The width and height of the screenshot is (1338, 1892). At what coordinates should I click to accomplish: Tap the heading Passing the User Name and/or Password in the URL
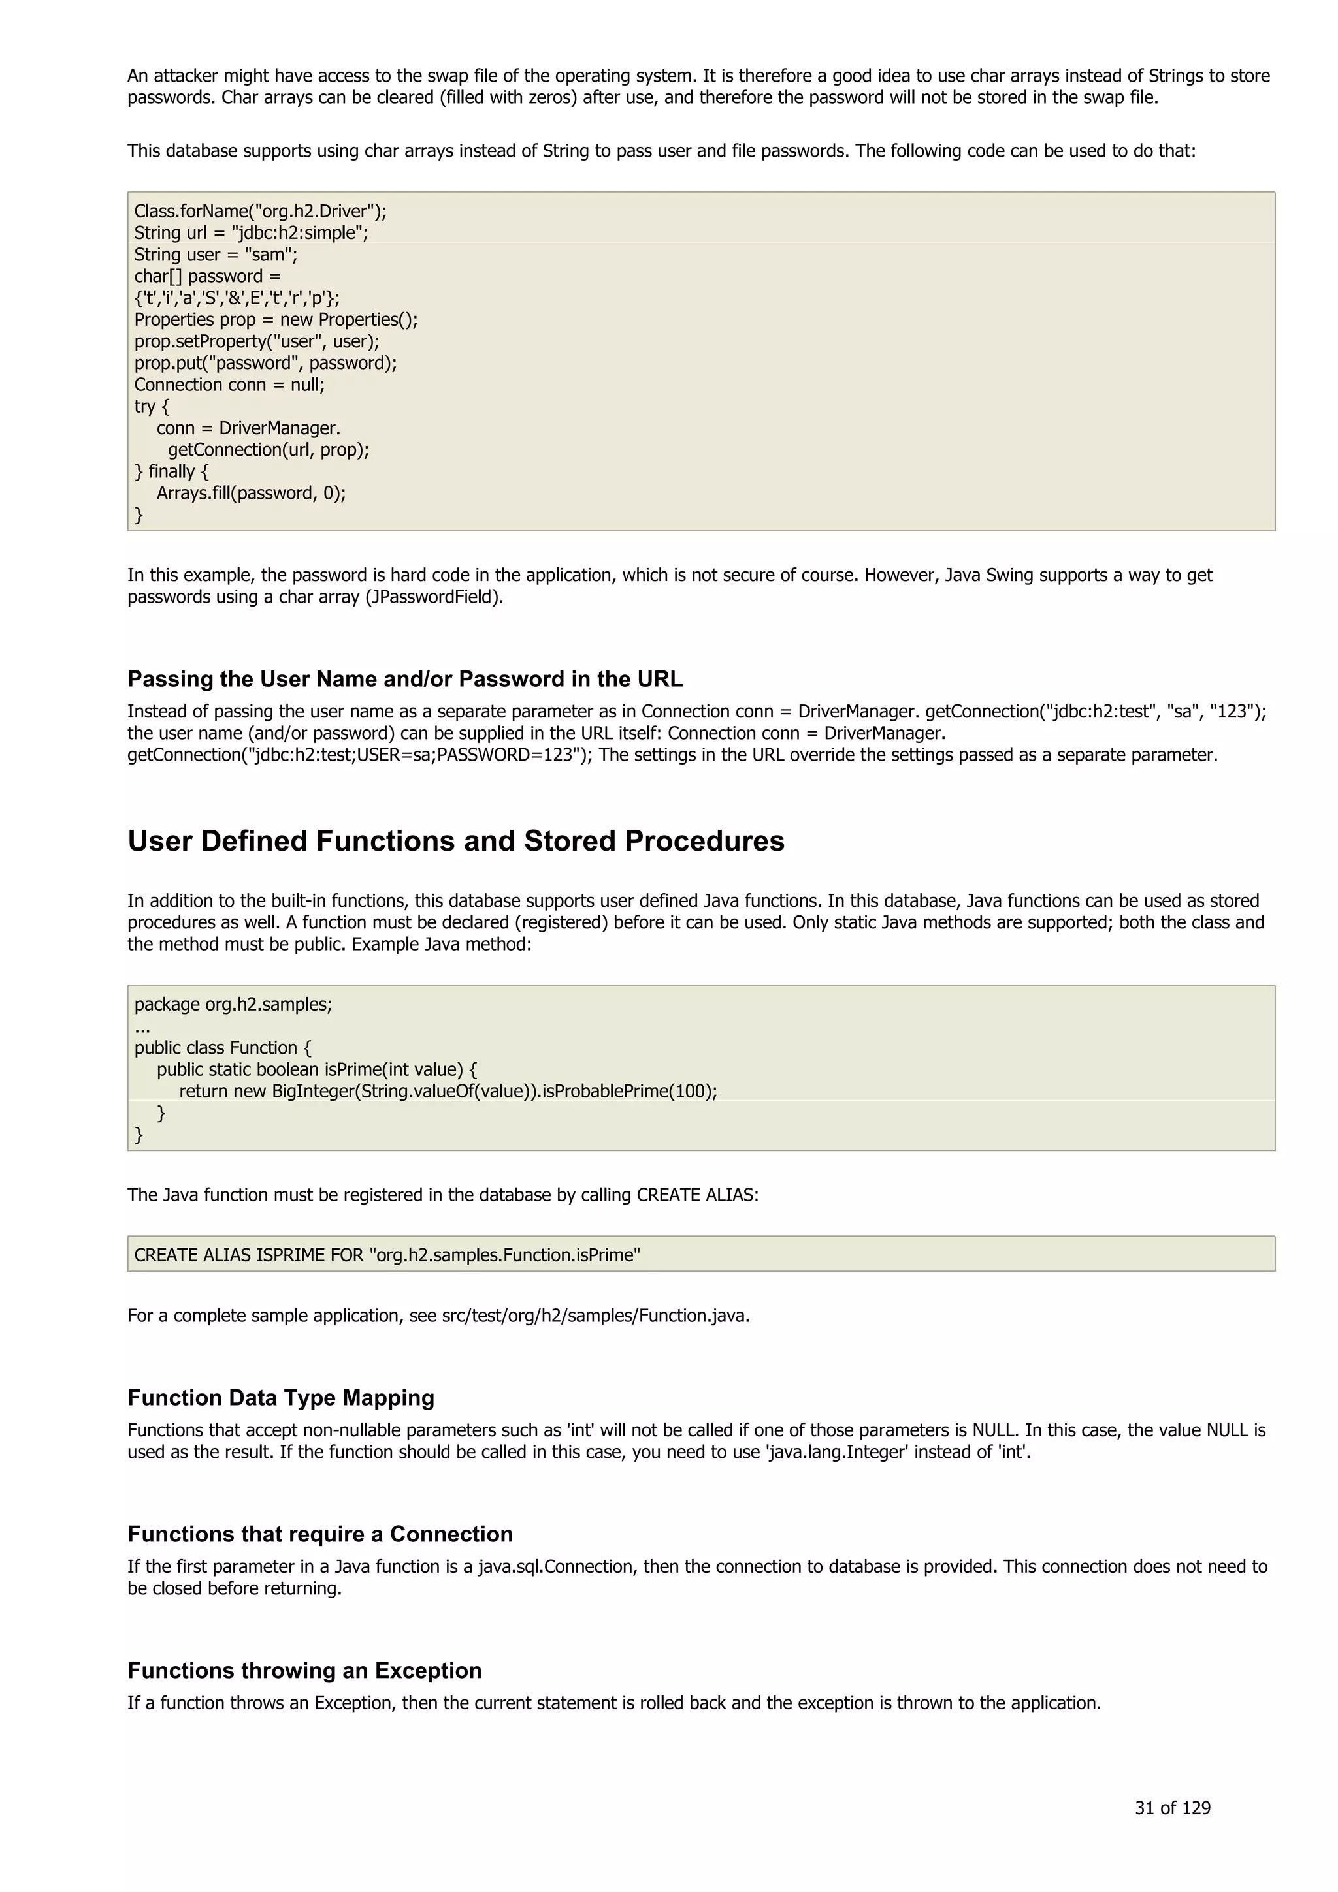[x=405, y=679]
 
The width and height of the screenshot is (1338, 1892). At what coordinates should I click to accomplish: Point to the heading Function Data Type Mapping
[x=280, y=1398]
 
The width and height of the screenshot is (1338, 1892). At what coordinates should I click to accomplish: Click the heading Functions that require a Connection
[x=320, y=1534]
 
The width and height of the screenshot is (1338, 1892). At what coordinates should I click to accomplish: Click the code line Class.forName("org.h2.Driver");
[x=259, y=211]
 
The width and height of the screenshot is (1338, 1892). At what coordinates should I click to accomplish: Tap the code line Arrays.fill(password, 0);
[x=251, y=493]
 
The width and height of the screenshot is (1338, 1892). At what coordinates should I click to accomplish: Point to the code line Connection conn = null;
[x=229, y=385]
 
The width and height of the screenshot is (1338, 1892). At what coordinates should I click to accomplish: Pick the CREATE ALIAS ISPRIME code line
[x=387, y=1254]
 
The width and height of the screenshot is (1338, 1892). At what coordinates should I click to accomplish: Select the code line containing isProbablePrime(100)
[x=448, y=1091]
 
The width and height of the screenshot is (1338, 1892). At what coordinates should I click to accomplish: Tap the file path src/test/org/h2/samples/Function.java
[x=595, y=1315]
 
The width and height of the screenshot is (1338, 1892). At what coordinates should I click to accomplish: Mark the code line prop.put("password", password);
[x=265, y=364]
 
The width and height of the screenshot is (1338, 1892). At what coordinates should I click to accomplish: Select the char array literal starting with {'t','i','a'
[x=237, y=298]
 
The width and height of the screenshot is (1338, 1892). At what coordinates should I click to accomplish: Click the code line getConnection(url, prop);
[x=268, y=450]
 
